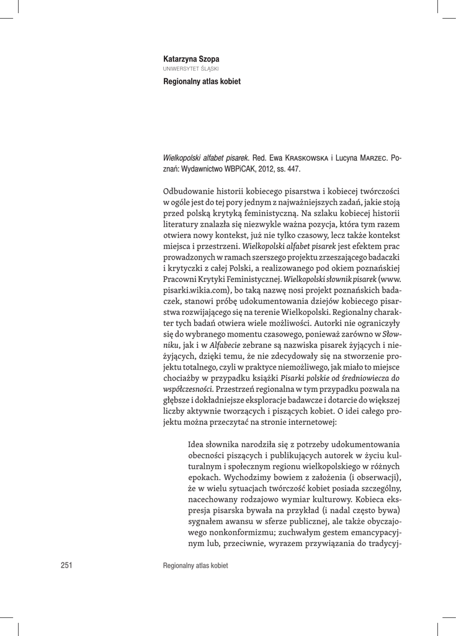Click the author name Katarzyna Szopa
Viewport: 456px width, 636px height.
coord(191,59)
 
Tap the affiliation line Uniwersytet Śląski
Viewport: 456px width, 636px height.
coord(190,68)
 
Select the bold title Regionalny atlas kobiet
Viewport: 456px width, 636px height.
coord(202,81)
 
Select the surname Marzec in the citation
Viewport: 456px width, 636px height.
coord(369,158)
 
